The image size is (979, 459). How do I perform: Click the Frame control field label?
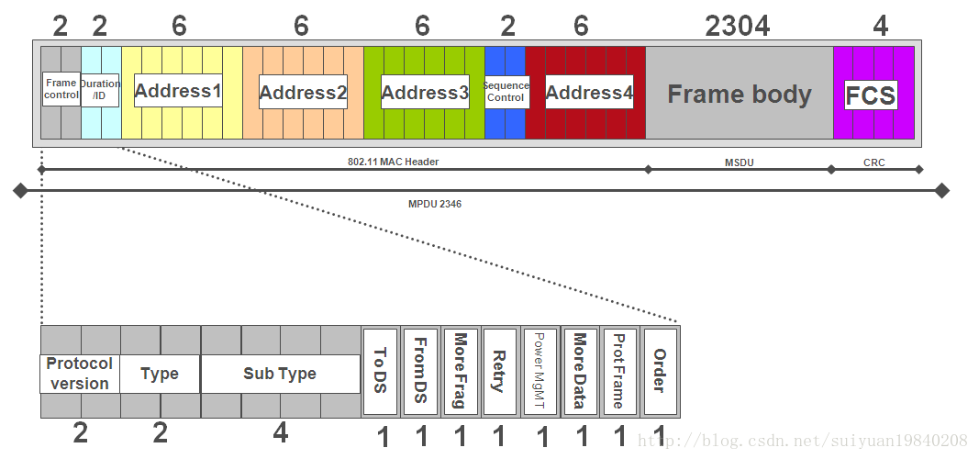click(x=61, y=89)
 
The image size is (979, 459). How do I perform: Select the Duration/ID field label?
click(x=100, y=89)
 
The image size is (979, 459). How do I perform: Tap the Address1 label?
click(x=178, y=91)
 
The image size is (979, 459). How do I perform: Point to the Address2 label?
click(x=303, y=93)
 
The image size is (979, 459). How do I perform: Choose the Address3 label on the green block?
click(x=425, y=93)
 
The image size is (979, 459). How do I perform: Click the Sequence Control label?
click(x=506, y=92)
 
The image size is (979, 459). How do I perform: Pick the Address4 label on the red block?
click(x=589, y=93)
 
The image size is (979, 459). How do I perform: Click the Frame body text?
click(x=739, y=95)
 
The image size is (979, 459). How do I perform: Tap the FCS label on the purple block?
click(x=870, y=95)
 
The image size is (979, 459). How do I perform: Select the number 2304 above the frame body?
click(x=738, y=27)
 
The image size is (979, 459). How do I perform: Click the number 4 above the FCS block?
click(x=880, y=27)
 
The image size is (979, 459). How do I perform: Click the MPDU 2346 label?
click(x=434, y=204)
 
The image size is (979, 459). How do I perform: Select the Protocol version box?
click(x=80, y=374)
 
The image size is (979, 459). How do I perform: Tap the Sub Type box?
click(x=280, y=374)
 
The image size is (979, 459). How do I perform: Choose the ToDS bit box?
click(x=380, y=371)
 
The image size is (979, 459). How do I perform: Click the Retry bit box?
click(x=499, y=371)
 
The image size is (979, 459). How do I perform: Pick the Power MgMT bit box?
click(x=539, y=371)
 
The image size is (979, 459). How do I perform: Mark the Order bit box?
click(x=660, y=371)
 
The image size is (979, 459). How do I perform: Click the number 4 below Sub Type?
click(x=280, y=433)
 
